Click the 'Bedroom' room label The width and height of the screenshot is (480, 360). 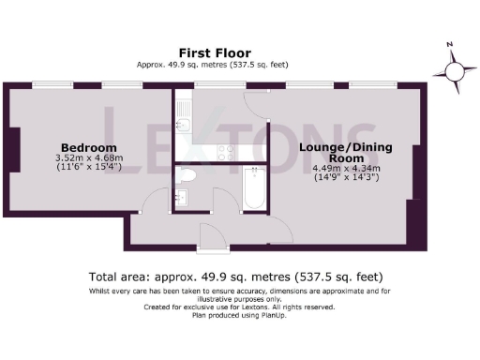[x=89, y=148]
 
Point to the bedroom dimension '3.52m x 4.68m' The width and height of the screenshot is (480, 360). [x=89, y=158]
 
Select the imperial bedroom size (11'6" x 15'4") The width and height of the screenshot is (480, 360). [x=89, y=168]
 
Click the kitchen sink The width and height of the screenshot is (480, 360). [x=184, y=123]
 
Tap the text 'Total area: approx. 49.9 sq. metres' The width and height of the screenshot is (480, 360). [x=187, y=277]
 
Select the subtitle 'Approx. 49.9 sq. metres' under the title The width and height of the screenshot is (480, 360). [x=178, y=64]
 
